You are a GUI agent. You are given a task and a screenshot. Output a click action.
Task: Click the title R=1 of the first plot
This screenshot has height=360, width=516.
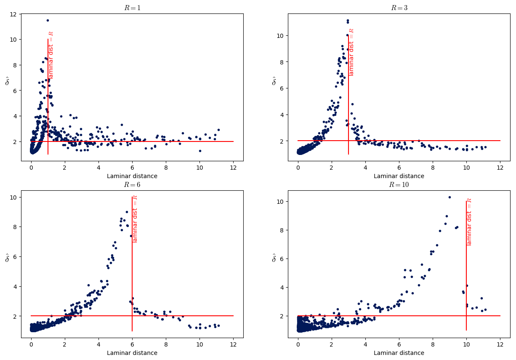132,8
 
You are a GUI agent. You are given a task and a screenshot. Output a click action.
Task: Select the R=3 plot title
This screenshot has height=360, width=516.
399,8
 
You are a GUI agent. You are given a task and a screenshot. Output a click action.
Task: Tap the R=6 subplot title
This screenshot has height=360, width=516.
132,185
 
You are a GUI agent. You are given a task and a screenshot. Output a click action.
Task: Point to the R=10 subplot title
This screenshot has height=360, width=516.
399,185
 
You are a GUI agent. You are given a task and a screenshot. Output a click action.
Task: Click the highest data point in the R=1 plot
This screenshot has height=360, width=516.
48,20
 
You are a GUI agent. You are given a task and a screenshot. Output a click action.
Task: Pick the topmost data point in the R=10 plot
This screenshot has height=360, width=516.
450,197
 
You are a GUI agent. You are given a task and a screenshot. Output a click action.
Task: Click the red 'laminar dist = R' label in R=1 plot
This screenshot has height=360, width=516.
51,55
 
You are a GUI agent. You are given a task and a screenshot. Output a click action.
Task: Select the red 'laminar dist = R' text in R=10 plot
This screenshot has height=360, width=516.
469,222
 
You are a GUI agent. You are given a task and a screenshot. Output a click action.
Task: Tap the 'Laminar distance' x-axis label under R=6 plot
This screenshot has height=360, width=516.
132,353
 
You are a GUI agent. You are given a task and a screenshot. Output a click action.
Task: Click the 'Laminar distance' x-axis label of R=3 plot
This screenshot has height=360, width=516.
399,176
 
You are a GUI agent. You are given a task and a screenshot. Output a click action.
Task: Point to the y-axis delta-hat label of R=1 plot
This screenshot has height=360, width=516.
7,81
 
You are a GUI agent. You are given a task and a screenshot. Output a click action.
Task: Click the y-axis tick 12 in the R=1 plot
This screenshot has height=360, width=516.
13,14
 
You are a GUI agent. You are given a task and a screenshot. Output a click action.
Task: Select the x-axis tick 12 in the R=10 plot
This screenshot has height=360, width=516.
500,345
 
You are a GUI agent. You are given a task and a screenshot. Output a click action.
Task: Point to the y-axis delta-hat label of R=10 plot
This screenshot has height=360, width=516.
274,258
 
